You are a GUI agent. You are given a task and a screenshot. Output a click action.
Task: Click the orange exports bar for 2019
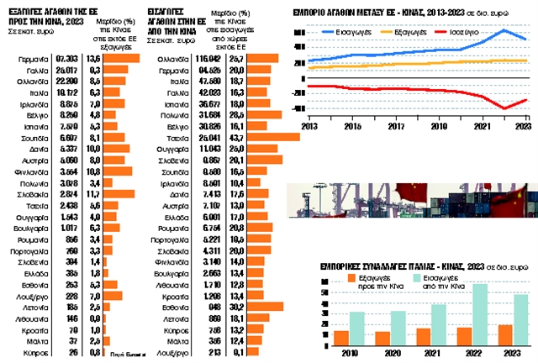(340, 337)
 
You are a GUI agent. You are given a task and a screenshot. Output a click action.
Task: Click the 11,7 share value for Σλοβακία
(94, 192)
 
